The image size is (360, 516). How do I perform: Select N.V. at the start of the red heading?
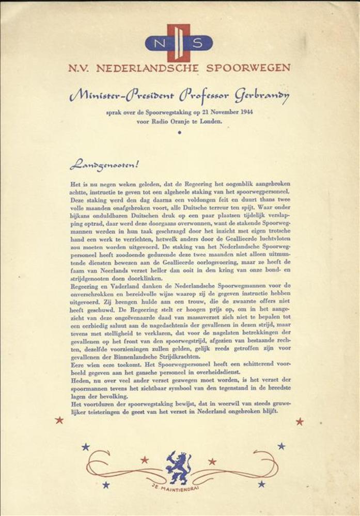(77, 68)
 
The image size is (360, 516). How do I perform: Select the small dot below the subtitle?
(180, 133)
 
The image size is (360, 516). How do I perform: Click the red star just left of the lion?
(145, 459)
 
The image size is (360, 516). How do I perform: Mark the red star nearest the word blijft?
(300, 422)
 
